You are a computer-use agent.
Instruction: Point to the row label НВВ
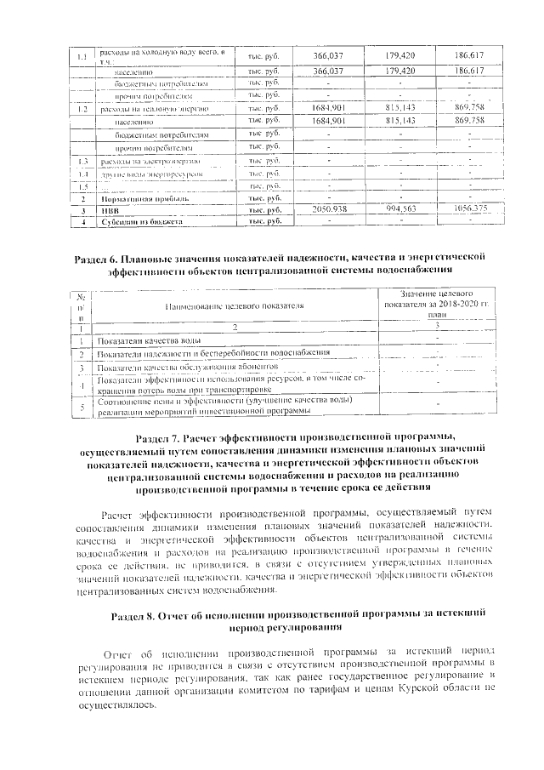(110, 209)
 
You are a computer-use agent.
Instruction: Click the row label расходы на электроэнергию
(150, 161)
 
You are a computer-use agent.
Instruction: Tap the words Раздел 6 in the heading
(133, 257)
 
